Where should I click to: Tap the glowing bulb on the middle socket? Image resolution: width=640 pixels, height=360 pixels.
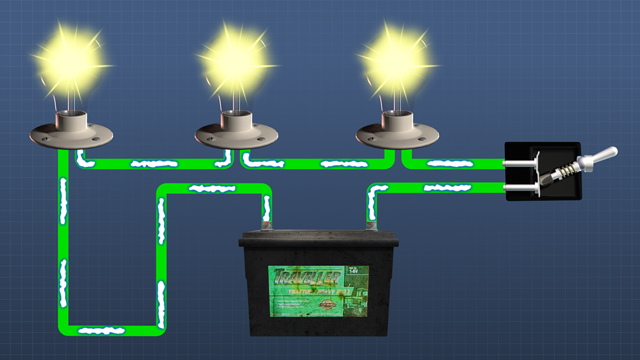pos(235,59)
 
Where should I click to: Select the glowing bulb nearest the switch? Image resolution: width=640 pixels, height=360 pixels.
pos(398,57)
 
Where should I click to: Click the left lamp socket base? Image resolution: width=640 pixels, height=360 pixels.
pos(69,131)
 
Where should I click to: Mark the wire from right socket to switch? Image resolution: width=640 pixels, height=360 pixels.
pos(455,163)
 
